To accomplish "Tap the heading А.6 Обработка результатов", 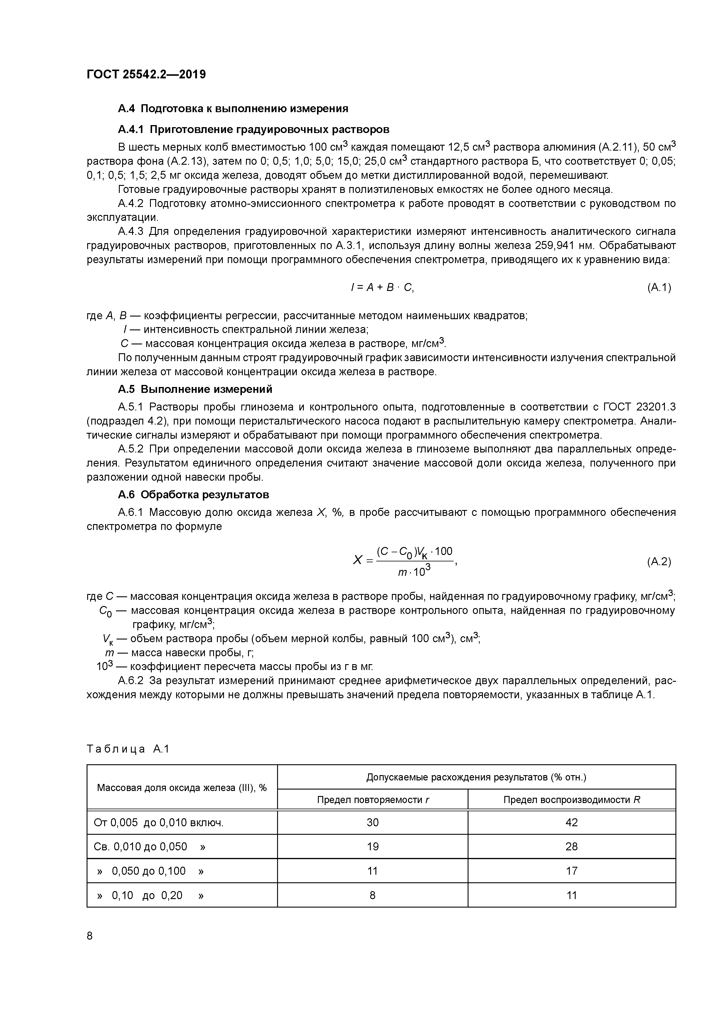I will [x=193, y=494].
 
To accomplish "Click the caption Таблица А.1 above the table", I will [x=128, y=749].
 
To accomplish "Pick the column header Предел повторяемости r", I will [x=373, y=800].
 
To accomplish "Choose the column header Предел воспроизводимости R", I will [x=572, y=800].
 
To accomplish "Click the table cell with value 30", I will [x=373, y=822].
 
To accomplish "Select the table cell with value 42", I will [x=572, y=822].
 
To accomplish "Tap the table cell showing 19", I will [x=373, y=846].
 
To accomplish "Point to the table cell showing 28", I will [x=572, y=846].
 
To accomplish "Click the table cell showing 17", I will [x=572, y=871].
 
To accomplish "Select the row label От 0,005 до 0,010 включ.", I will [x=158, y=823].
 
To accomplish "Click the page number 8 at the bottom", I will [x=90, y=936].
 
